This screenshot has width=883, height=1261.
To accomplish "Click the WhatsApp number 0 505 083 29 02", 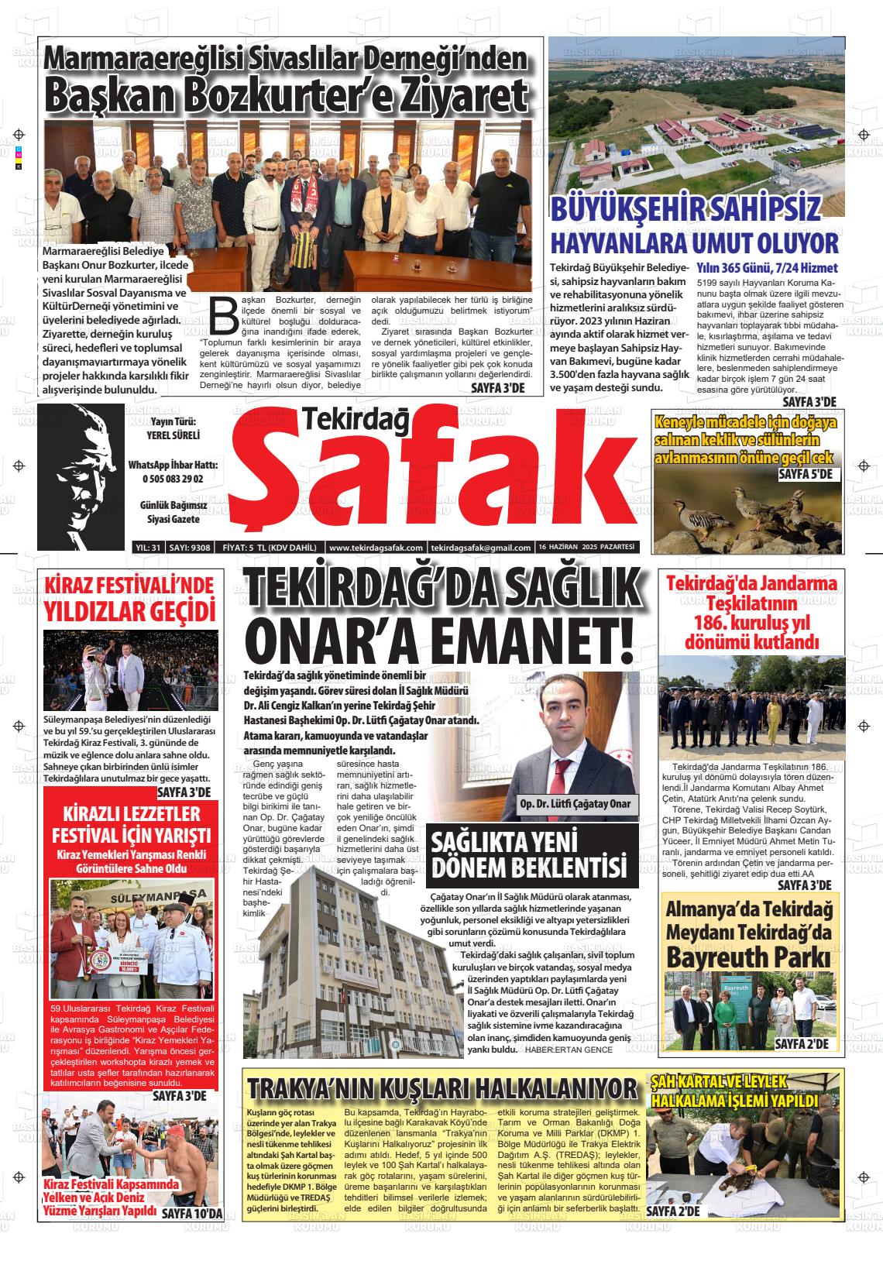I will [173, 479].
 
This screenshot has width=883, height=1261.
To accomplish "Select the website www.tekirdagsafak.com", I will [376, 548].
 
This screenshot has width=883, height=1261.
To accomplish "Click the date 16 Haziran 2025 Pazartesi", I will [586, 547].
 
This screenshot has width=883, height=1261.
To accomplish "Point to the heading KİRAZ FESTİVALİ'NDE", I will [129, 585].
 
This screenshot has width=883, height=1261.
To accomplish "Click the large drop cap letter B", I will [222, 314].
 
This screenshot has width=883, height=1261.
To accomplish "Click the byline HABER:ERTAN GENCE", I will [568, 1050].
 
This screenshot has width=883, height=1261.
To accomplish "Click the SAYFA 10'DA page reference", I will [191, 1213].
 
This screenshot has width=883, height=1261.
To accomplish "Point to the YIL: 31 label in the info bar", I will [147, 548].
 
